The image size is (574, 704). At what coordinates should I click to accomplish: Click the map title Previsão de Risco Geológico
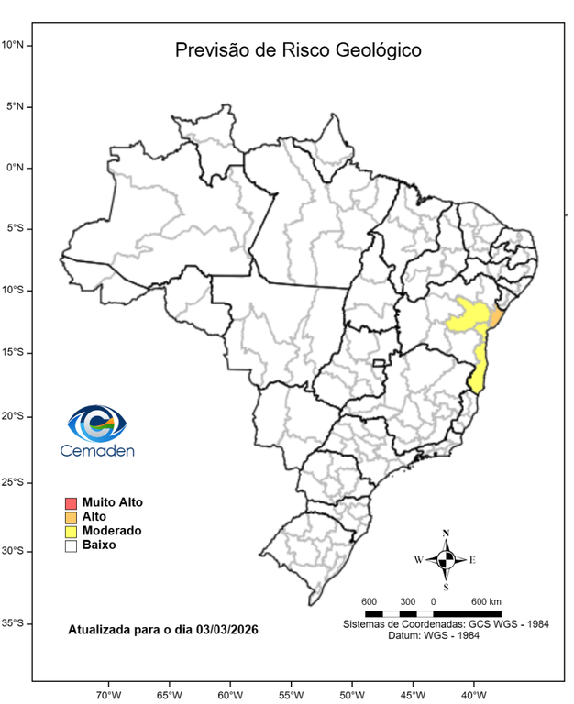click(298, 50)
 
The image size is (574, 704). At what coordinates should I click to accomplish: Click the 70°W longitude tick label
click(108, 694)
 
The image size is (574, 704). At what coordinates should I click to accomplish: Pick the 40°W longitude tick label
click(473, 694)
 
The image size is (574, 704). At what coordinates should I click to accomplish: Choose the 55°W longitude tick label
click(291, 694)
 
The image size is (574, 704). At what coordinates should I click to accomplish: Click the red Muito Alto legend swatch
click(71, 502)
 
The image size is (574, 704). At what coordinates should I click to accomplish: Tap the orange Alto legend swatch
click(71, 517)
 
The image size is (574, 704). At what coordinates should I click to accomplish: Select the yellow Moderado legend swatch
click(71, 532)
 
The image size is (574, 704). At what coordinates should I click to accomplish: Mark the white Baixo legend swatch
click(71, 545)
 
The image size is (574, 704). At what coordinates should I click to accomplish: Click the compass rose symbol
click(447, 559)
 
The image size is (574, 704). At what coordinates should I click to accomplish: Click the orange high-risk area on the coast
click(496, 317)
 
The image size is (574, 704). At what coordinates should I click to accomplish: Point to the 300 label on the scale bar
click(407, 601)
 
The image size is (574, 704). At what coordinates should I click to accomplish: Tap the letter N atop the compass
click(447, 533)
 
